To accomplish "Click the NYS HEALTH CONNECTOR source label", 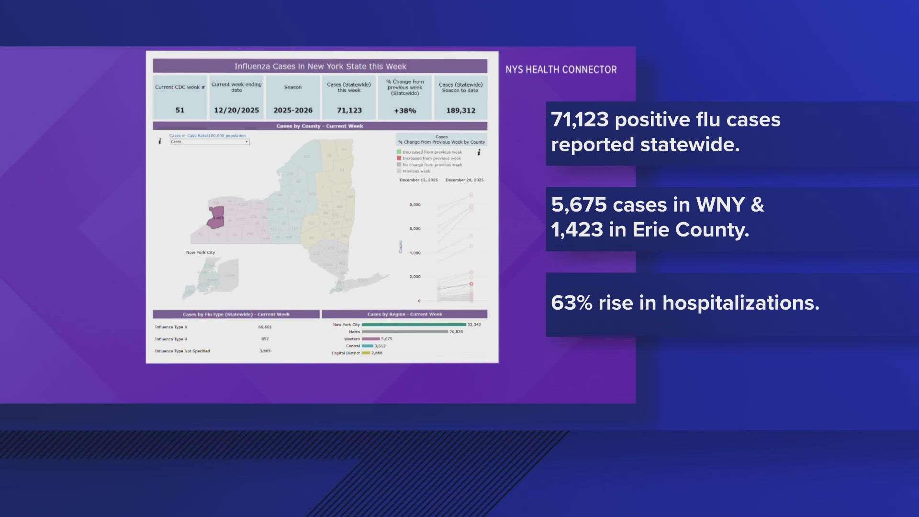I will point(561,69).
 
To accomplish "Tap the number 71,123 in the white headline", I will point(580,120).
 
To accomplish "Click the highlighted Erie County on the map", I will point(216,217).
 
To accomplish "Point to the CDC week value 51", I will point(180,110).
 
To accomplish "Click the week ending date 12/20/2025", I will point(236,110).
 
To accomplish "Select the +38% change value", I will point(405,111).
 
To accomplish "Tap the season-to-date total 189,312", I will point(460,111).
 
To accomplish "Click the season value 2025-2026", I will point(293,110).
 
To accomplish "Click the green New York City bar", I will point(414,325).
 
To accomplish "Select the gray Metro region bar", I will point(404,332).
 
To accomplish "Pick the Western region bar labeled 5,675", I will point(371,339).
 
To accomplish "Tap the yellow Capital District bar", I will point(366,353).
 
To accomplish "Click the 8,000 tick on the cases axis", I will point(415,205).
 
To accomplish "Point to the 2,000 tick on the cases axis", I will point(415,277).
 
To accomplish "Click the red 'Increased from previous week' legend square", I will point(399,158).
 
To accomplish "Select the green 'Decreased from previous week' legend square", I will point(399,152).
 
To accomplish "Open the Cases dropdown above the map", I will point(210,142).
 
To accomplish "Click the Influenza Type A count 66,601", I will point(265,327).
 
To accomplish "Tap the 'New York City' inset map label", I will point(201,253).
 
